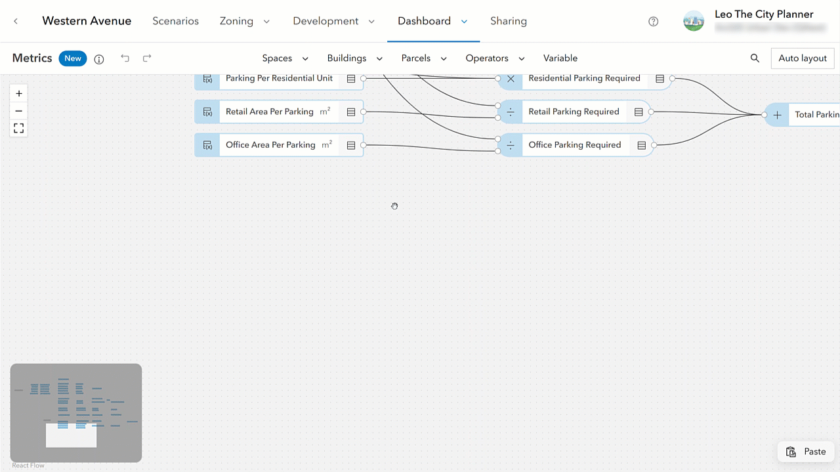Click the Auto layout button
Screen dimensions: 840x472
(x=802, y=58)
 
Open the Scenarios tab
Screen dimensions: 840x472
(x=175, y=21)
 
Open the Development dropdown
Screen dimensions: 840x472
(x=333, y=21)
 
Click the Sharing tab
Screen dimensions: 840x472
(x=508, y=21)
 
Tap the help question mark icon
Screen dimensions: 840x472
(x=653, y=21)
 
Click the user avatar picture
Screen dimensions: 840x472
(x=694, y=21)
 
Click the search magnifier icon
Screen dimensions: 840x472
(x=755, y=58)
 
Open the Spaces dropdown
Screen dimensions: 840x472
(x=285, y=58)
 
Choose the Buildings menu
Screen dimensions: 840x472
(x=354, y=58)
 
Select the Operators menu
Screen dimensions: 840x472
(x=495, y=58)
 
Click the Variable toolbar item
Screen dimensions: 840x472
(x=560, y=58)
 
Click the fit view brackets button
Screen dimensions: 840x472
(x=19, y=128)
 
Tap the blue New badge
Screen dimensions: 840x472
(x=73, y=58)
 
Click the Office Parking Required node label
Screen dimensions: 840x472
(x=574, y=145)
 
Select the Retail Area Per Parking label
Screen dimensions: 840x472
(x=270, y=112)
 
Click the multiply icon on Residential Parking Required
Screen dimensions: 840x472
(x=511, y=79)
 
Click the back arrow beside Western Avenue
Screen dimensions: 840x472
(x=16, y=21)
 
